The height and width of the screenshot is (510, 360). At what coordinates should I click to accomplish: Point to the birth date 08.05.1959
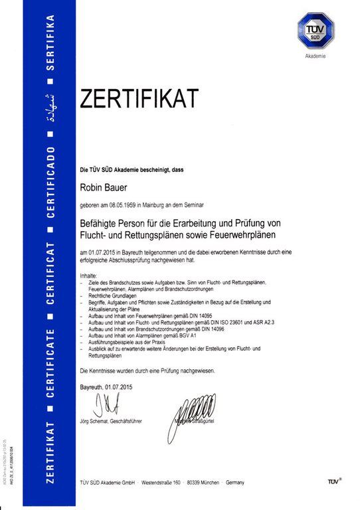[x=125, y=206]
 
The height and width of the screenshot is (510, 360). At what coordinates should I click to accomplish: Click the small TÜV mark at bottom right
[x=335, y=479]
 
